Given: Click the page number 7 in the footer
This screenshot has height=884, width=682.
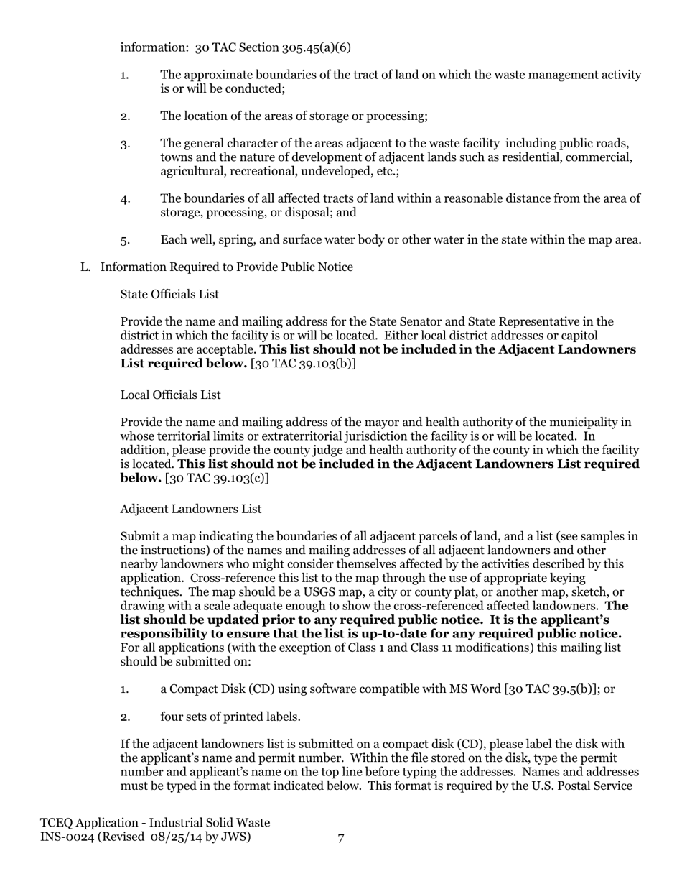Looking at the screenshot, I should click(341, 837).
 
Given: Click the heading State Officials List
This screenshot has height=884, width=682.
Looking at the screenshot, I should click(169, 295).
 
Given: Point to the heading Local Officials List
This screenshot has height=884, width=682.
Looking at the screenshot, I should click(170, 395).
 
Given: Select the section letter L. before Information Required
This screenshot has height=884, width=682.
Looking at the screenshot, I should click(85, 267).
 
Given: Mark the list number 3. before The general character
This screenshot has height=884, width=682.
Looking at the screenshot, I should click(125, 144).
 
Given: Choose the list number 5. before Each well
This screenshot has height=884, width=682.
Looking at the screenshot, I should click(125, 240).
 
